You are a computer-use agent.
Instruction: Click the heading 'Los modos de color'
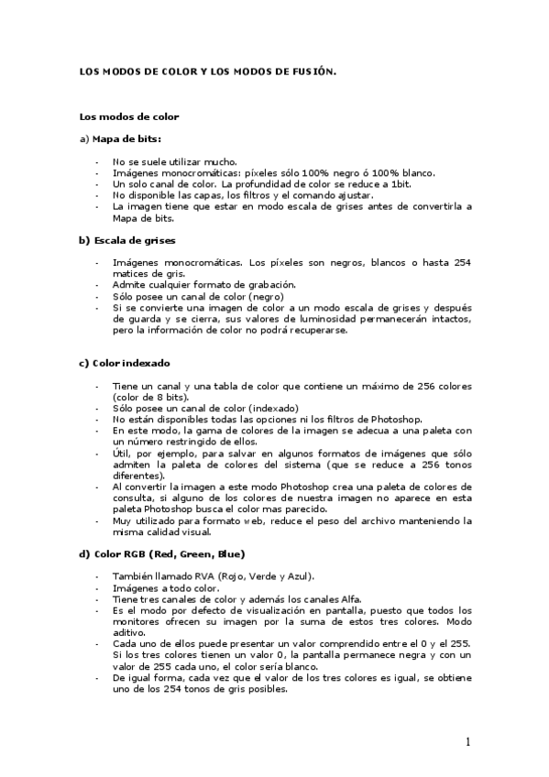[129, 116]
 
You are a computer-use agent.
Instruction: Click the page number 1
[467, 741]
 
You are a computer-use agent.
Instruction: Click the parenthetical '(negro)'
[264, 296]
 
